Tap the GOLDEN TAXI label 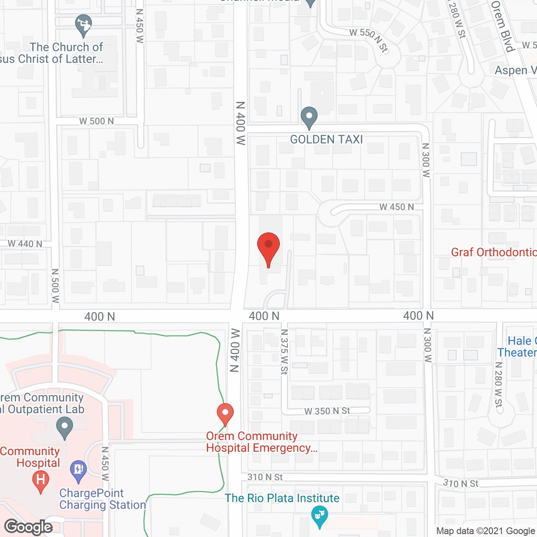[326, 139]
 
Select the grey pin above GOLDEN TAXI [309, 117]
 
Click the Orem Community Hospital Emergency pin [225, 414]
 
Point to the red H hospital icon [41, 480]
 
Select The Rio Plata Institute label [282, 498]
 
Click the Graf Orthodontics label [493, 252]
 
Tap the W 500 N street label [96, 121]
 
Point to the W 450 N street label [396, 207]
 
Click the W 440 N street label [25, 244]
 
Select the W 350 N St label [327, 411]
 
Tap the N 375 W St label [284, 352]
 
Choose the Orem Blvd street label [503, 26]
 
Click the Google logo [29, 527]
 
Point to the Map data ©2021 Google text [485, 531]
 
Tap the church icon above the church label [83, 25]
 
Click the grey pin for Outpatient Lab [65, 428]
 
